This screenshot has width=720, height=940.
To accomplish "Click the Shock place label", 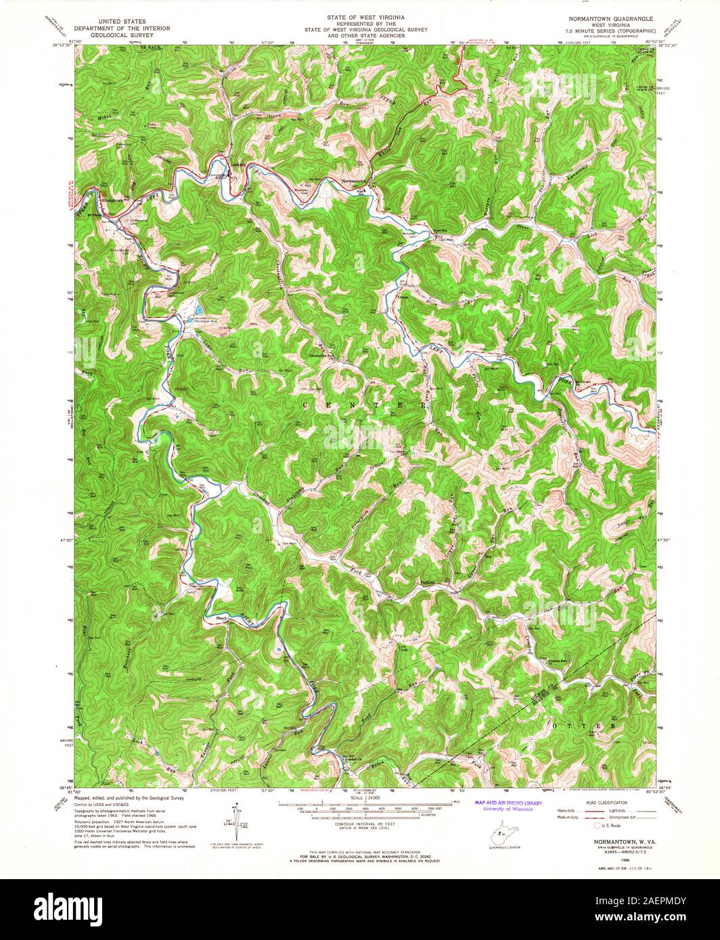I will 221,617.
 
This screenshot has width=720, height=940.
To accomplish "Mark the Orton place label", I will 404,297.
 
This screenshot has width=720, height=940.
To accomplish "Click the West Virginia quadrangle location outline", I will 499,831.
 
